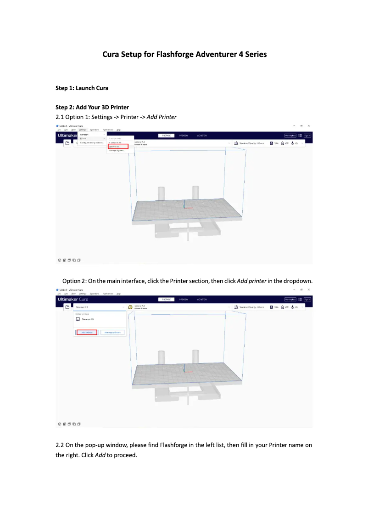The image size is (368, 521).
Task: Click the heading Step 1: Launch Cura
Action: coord(82,88)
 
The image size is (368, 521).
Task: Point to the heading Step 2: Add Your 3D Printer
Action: coord(92,108)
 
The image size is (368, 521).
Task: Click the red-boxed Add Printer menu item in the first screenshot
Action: coord(118,147)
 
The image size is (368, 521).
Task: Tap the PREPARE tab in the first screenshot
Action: coord(166,136)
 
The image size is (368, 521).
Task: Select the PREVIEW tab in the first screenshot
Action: coord(184,136)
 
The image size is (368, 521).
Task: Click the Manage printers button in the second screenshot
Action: coord(112,332)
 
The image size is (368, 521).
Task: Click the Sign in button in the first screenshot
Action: coord(307,136)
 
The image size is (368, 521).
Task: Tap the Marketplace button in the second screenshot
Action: coord(290,299)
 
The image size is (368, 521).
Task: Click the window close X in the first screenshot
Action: coord(309,125)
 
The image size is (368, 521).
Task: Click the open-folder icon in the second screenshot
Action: coord(67,307)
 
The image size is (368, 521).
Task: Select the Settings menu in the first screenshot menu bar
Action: coord(83,130)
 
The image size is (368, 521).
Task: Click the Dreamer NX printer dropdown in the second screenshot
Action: coord(99,307)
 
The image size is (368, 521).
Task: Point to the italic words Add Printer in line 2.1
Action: coord(162,117)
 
